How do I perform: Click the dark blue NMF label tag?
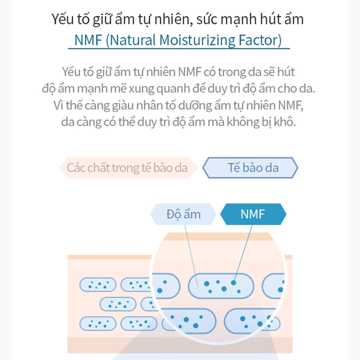coord(253,214)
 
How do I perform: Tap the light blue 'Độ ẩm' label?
coord(183,214)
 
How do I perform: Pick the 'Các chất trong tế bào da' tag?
coord(127,167)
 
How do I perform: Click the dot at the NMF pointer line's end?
coord(233,282)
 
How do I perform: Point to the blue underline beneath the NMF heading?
coord(178,49)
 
